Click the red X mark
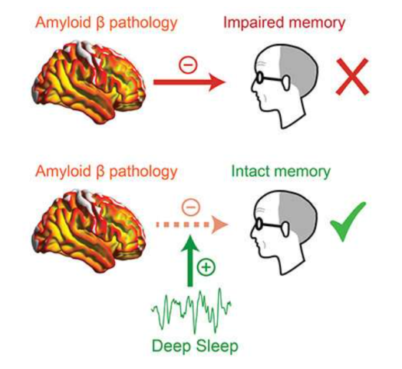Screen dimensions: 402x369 click(x=352, y=77)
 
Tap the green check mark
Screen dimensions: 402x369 click(x=348, y=221)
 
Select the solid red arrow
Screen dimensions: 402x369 click(x=189, y=82)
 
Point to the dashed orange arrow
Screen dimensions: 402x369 click(x=192, y=224)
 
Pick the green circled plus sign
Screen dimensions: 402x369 click(x=206, y=268)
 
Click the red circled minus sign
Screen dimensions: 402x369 click(x=188, y=65)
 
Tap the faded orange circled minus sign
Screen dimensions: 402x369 click(x=191, y=207)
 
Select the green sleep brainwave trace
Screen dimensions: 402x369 click(x=191, y=311)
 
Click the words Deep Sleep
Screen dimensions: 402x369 click(x=195, y=346)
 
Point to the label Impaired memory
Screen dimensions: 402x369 click(x=285, y=22)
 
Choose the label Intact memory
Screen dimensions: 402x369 click(x=281, y=171)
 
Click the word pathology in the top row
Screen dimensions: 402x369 click(x=143, y=23)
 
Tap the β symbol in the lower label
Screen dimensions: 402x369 click(x=100, y=172)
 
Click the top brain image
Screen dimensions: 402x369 click(x=88, y=81)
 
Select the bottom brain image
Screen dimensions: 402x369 click(x=88, y=231)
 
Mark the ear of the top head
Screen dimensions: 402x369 click(x=286, y=83)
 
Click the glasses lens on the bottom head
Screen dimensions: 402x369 click(x=259, y=223)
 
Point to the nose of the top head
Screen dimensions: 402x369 click(x=253, y=86)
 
